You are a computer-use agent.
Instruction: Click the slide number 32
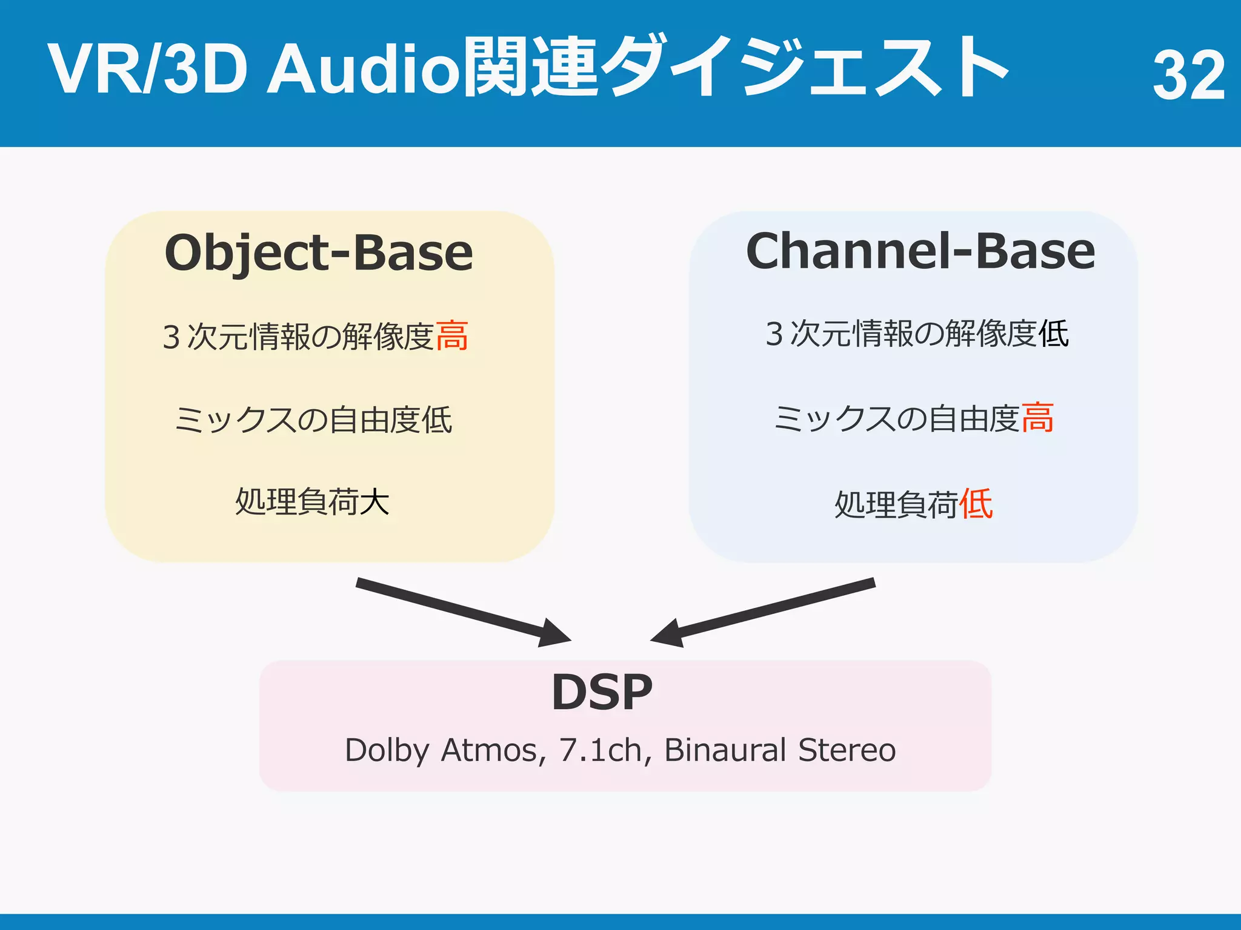[x=1188, y=75]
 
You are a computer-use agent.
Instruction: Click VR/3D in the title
[x=147, y=69]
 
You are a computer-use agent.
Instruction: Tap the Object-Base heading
[x=319, y=253]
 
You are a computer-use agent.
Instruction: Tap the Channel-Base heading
[x=920, y=251]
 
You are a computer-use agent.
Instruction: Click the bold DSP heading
[x=602, y=693]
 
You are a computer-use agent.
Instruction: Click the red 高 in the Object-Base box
[x=452, y=337]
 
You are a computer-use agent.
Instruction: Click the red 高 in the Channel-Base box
[x=1037, y=418]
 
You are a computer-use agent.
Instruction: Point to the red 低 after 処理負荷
[x=976, y=504]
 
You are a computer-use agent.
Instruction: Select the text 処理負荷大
[x=312, y=502]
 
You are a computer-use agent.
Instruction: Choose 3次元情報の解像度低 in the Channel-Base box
[x=917, y=334]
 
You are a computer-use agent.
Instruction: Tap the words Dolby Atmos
[x=441, y=751]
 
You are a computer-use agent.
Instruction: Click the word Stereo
[x=847, y=751]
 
